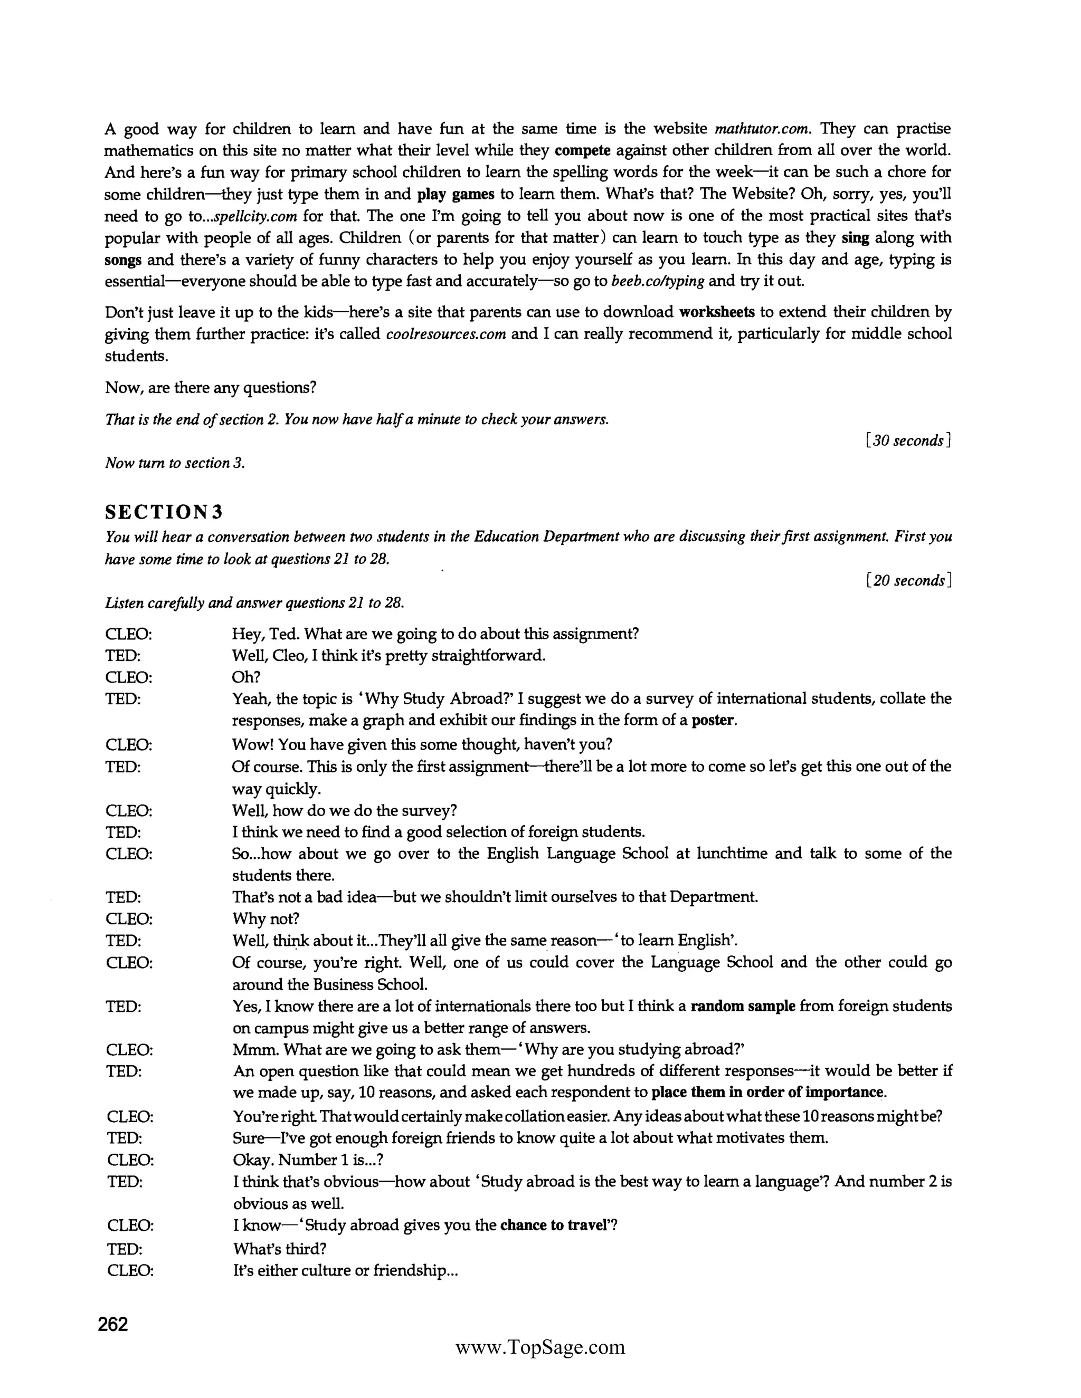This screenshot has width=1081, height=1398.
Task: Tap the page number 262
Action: click(113, 1324)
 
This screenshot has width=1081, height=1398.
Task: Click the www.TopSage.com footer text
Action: click(540, 1347)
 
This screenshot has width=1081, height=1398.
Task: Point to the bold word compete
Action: click(582, 150)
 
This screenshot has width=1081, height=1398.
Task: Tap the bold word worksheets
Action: click(717, 312)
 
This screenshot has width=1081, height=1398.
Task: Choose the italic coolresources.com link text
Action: click(447, 334)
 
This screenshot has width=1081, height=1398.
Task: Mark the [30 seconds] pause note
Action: click(907, 441)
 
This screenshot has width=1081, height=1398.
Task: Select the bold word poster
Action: click(713, 720)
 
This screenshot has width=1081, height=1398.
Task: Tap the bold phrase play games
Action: click(456, 194)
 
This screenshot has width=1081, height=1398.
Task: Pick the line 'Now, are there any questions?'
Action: click(211, 388)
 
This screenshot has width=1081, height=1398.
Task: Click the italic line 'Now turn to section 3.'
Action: click(175, 463)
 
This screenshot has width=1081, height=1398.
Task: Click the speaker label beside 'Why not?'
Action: click(129, 919)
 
